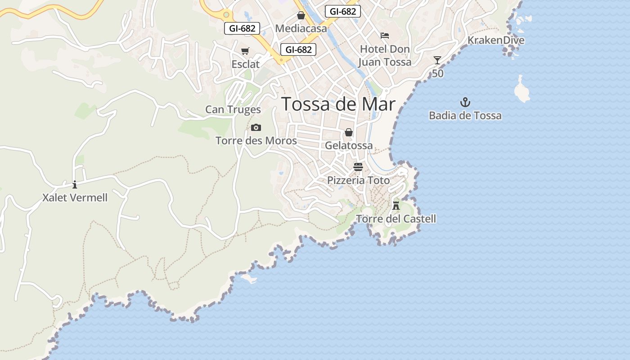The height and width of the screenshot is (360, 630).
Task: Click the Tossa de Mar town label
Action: tap(338, 104)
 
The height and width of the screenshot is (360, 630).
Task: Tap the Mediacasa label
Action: tap(301, 28)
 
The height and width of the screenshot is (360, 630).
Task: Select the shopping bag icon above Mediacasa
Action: tap(301, 16)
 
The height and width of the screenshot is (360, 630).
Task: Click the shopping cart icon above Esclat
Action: tap(245, 51)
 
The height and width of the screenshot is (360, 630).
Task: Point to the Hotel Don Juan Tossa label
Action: tap(385, 55)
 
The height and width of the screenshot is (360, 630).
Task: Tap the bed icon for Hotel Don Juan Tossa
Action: tap(385, 36)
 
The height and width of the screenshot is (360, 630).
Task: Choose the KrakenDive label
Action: tap(496, 40)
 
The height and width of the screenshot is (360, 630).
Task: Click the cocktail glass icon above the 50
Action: tap(437, 60)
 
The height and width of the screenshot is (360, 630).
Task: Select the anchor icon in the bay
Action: tap(465, 102)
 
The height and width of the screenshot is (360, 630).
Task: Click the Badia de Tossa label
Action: tap(465, 116)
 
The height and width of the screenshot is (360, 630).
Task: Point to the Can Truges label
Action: tap(233, 109)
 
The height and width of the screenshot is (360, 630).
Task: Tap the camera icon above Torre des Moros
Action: tap(256, 128)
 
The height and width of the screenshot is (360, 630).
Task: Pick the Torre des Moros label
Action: tap(256, 141)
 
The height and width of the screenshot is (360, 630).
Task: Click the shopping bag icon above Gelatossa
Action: tap(349, 132)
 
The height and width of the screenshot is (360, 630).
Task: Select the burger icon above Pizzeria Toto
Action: tap(358, 167)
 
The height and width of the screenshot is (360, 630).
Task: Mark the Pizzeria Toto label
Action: tap(358, 180)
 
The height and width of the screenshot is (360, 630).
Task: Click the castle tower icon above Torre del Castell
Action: tap(396, 206)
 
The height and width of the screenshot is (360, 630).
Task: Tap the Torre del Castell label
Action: tap(396, 219)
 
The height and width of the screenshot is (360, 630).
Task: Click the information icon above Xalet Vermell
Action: tap(75, 184)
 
